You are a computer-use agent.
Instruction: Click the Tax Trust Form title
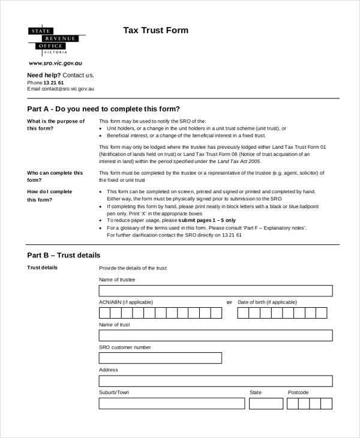pos(156,31)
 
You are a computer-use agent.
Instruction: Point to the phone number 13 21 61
pos(53,82)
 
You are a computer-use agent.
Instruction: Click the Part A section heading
pos(103,109)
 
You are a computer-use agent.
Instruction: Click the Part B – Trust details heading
pos(64,255)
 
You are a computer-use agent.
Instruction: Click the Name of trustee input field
pos(215,291)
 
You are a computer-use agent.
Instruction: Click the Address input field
pos(215,381)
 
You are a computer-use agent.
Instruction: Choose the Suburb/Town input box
pos(172,404)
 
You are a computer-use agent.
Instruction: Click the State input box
pos(266,404)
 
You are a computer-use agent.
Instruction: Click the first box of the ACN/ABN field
pos(104,313)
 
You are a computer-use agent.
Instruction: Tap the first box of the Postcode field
pos(293,404)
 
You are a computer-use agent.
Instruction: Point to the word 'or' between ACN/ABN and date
pos(229,302)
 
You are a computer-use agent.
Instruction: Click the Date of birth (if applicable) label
pos(267,302)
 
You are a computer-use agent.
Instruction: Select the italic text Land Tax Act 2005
pos(239,161)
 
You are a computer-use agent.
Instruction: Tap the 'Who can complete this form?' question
pos(55,176)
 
